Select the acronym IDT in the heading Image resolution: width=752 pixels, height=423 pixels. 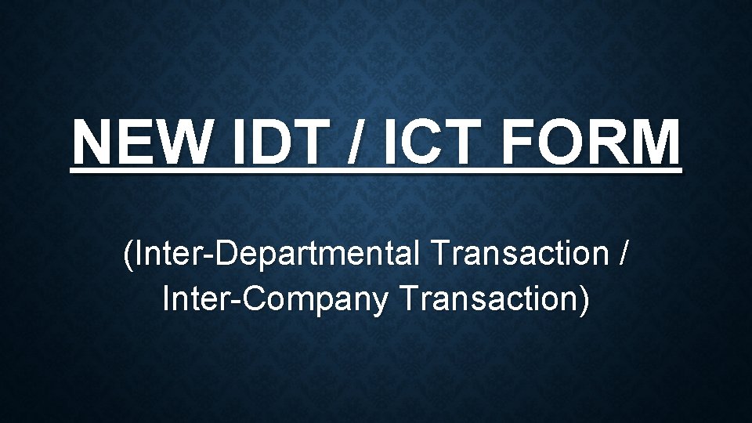[275, 143]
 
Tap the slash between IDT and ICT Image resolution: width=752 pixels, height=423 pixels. [356, 143]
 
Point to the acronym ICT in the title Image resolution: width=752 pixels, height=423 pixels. [424, 143]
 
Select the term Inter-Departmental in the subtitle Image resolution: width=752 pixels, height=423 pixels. [277, 255]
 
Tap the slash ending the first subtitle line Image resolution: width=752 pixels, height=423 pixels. [622, 255]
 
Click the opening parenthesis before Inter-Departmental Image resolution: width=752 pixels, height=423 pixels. [127, 255]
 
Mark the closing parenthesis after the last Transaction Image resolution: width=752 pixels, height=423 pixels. [584, 299]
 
